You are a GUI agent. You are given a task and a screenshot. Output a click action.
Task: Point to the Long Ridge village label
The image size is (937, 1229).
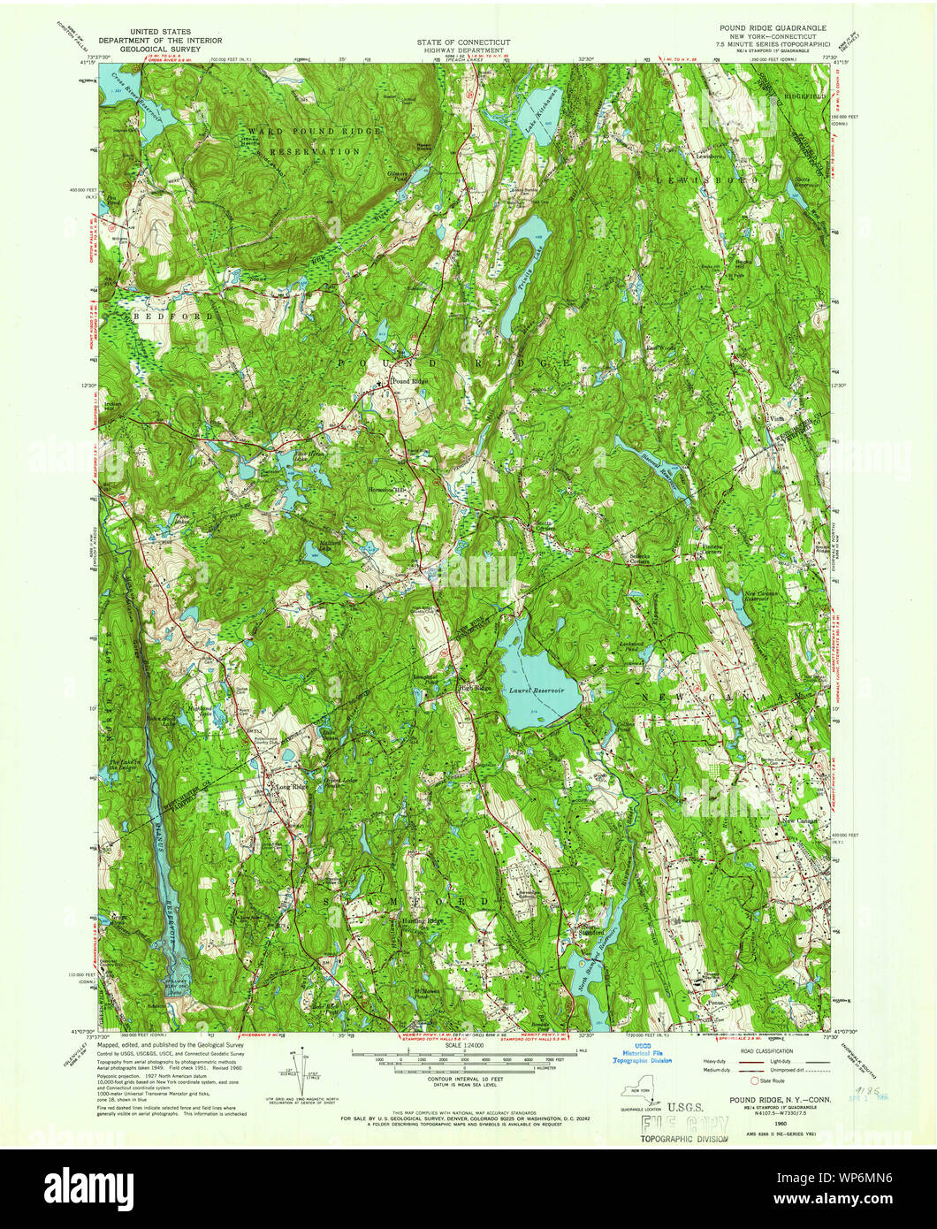(293, 786)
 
